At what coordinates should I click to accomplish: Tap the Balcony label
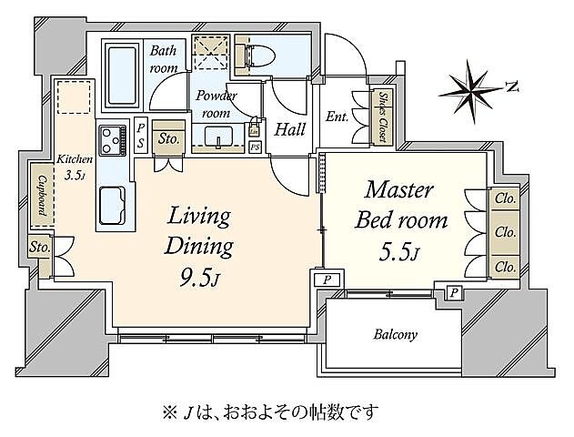(x=396, y=334)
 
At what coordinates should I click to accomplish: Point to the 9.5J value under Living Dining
(x=198, y=274)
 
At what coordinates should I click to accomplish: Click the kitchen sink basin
(x=114, y=201)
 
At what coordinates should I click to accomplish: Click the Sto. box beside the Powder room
(x=168, y=139)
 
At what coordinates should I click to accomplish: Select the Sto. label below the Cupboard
(x=39, y=247)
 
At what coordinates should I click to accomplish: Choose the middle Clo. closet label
(x=505, y=232)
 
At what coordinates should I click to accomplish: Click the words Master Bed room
(x=406, y=205)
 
